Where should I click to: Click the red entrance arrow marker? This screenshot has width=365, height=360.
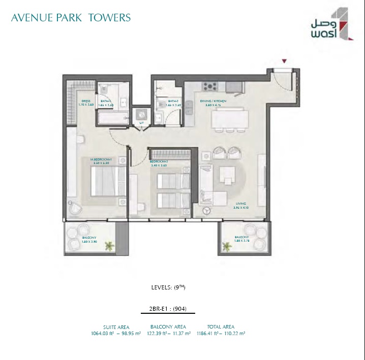point(284,61)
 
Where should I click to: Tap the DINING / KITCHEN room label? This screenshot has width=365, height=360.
point(212,102)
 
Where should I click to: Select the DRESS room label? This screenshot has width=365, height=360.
point(85,102)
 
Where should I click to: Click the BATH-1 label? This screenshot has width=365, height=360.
point(106,102)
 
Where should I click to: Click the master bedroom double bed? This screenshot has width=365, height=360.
point(105,181)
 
